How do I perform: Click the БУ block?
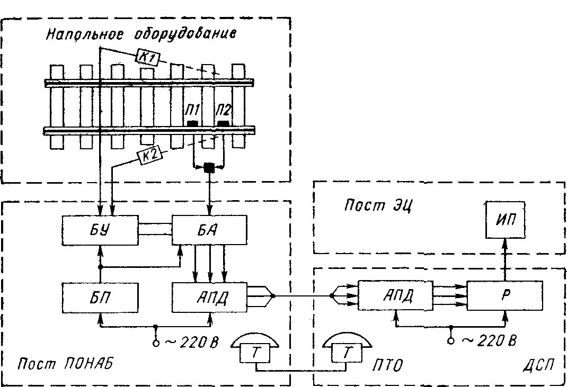(x=100, y=231)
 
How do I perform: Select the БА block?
(x=209, y=231)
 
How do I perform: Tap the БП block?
(x=100, y=298)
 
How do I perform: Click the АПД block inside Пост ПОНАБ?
(x=209, y=298)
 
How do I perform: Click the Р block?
(x=504, y=295)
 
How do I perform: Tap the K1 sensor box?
(x=148, y=56)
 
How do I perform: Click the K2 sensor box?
(x=149, y=155)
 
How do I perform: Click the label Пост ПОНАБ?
(x=65, y=364)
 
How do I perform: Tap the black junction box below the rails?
(x=209, y=168)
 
